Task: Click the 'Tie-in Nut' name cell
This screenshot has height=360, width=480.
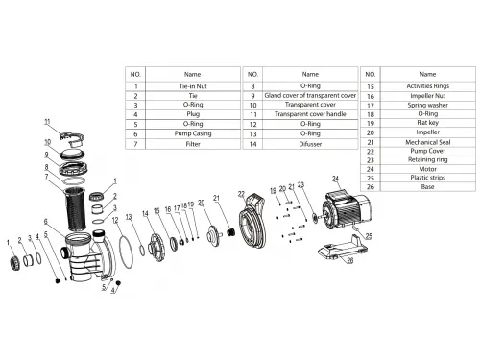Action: click(x=192, y=85)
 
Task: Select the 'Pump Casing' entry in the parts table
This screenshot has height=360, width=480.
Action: click(x=192, y=134)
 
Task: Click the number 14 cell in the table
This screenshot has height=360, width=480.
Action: click(x=251, y=144)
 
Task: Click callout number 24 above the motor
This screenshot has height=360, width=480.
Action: click(x=335, y=180)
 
